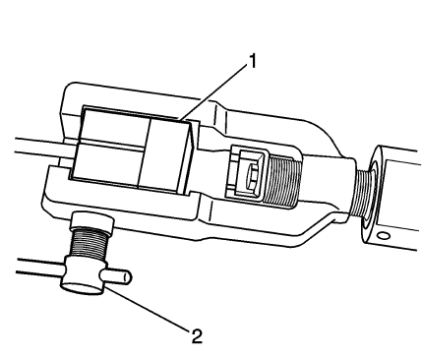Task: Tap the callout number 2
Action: [196, 336]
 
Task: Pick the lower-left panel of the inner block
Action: [108, 166]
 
